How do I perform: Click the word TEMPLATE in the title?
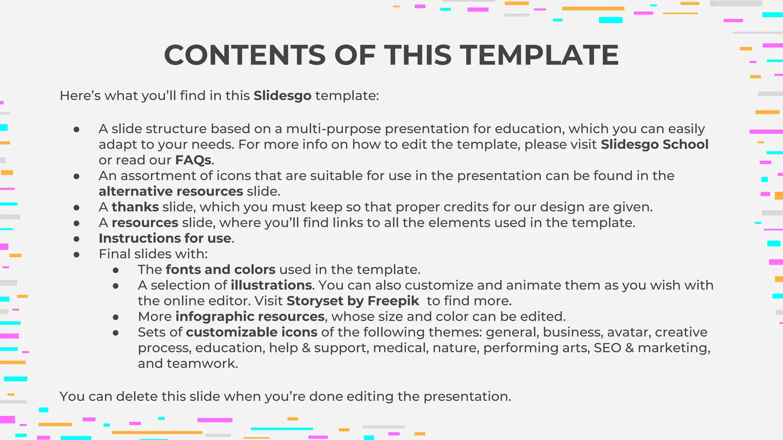[539, 55]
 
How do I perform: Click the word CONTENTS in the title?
[245, 55]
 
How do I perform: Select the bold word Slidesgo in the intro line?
[283, 95]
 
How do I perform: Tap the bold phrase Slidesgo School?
[655, 144]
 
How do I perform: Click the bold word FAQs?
[193, 160]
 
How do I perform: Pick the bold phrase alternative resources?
[171, 191]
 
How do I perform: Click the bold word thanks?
[135, 207]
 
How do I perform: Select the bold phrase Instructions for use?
[165, 238]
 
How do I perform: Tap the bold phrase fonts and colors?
[221, 270]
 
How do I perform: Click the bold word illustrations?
[271, 285]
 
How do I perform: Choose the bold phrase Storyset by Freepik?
[353, 301]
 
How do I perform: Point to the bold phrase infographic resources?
[250, 317]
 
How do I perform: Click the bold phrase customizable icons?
[252, 332]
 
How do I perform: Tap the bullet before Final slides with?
[76, 254]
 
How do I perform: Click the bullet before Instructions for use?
[76, 239]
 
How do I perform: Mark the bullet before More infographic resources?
[116, 317]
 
